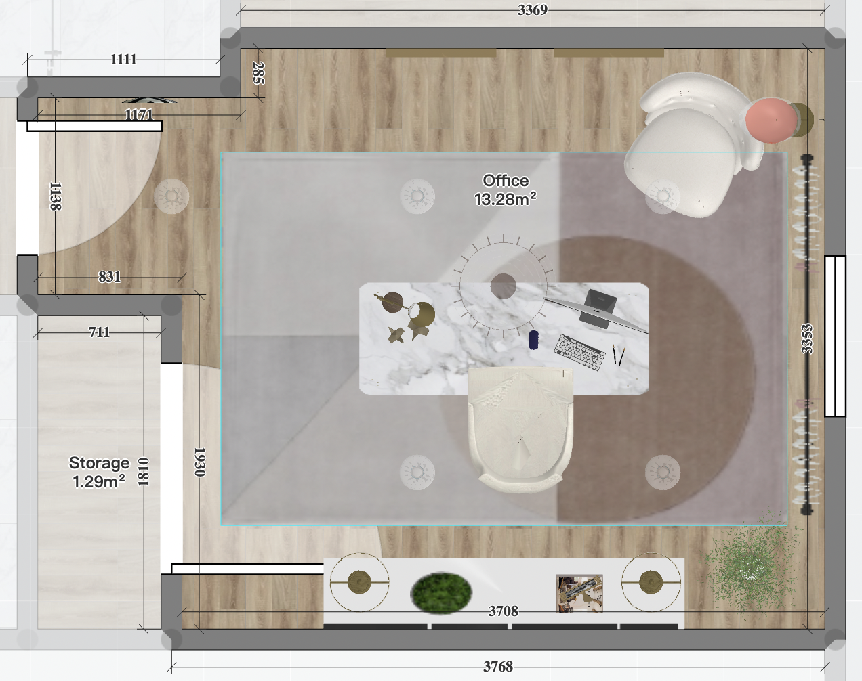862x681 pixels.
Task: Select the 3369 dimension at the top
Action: tap(532, 9)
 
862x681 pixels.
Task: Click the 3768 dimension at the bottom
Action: tap(497, 667)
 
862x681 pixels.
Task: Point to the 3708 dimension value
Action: tap(503, 611)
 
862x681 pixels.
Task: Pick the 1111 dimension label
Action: tap(123, 60)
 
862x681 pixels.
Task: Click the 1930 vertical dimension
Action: tap(199, 462)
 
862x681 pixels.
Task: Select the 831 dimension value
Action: tap(109, 276)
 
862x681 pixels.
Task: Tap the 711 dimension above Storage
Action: tap(99, 332)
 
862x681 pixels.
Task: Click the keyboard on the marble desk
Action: tap(579, 352)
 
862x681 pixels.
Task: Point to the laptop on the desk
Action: tap(600, 308)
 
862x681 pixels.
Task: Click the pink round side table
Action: tap(771, 120)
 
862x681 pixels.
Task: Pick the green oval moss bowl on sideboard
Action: tap(440, 593)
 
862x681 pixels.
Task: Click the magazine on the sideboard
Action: tap(579, 593)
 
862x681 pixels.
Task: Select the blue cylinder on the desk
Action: tap(533, 340)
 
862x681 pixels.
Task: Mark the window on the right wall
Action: tap(835, 336)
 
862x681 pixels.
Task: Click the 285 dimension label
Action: tap(258, 72)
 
